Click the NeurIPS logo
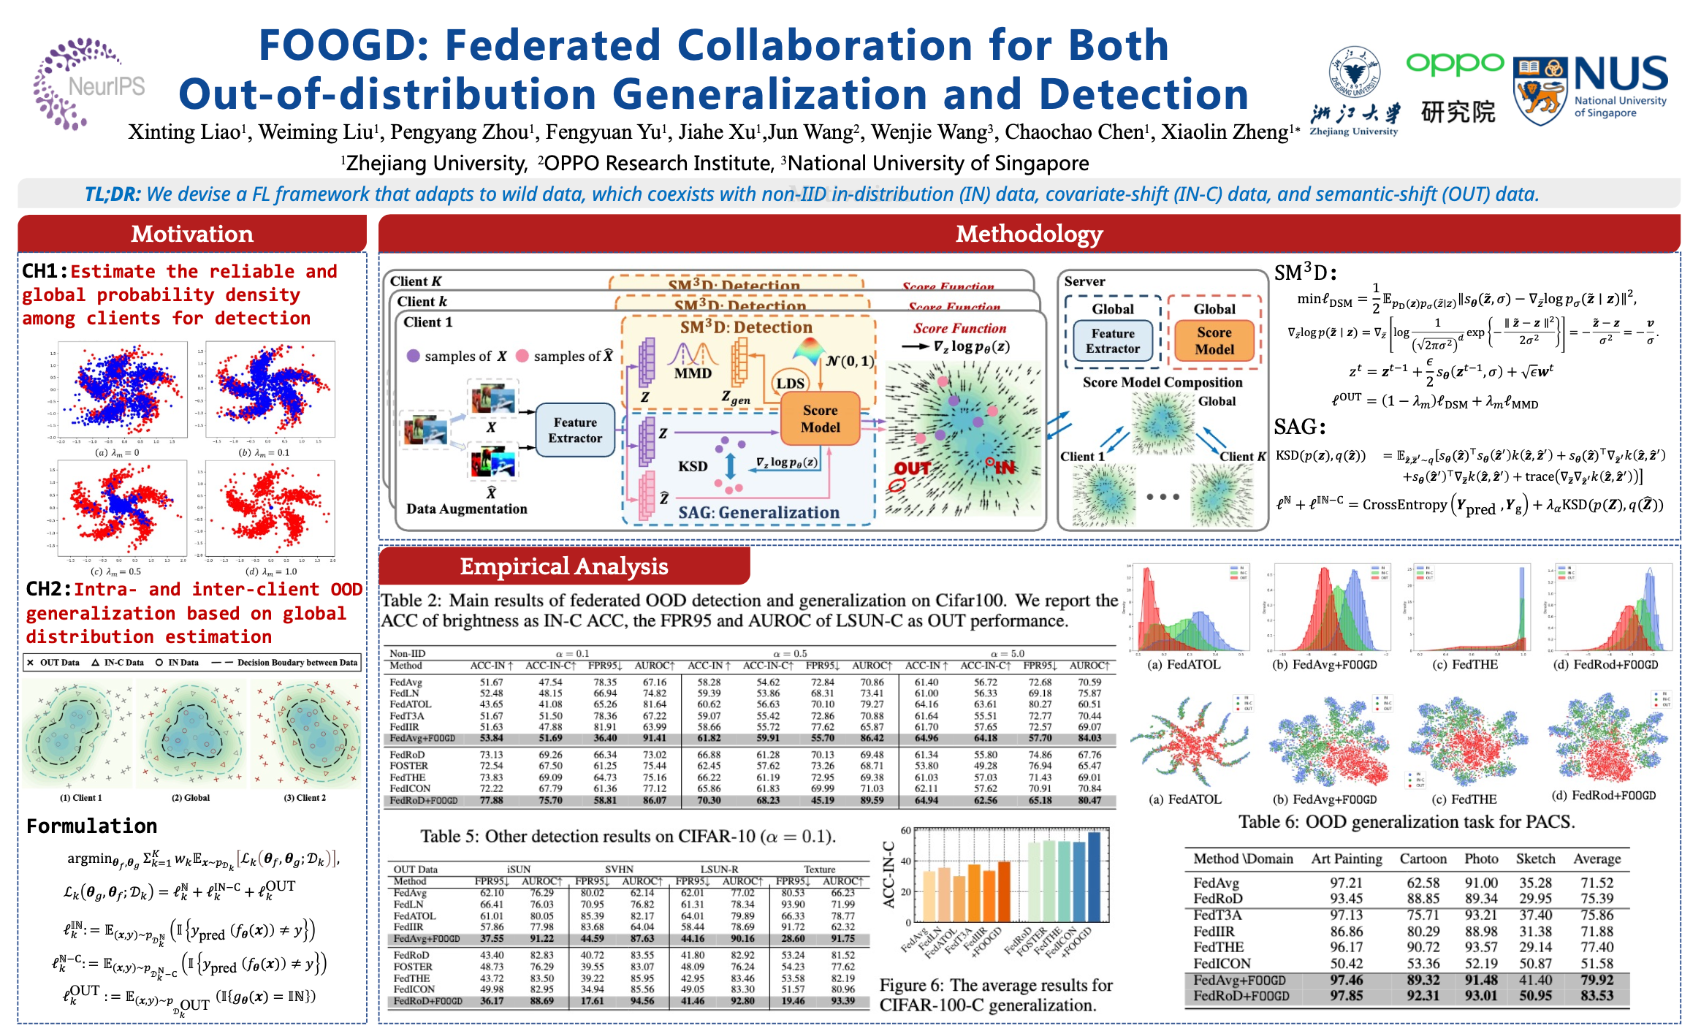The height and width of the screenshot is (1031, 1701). pyautogui.click(x=88, y=85)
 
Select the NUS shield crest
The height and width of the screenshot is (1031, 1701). pyautogui.click(x=1540, y=91)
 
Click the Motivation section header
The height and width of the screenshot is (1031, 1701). pyautogui.click(x=192, y=234)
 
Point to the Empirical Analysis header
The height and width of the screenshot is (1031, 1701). pyautogui.click(x=563, y=566)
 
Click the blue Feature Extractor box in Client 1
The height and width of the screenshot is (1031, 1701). pyautogui.click(x=575, y=430)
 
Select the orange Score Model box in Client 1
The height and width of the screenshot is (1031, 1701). pyautogui.click(x=820, y=419)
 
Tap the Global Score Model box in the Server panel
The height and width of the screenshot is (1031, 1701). pyautogui.click(x=1214, y=341)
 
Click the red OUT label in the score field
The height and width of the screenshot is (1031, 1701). pyautogui.click(x=912, y=468)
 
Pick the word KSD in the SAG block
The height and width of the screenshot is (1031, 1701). pyautogui.click(x=692, y=466)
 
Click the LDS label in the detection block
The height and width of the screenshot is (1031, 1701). pyautogui.click(x=790, y=383)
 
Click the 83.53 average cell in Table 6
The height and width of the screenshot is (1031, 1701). pyautogui.click(x=1597, y=996)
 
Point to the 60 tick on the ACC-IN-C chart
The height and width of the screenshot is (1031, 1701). pyautogui.click(x=905, y=831)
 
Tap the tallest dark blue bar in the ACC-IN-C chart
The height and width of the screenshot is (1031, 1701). pyautogui.click(x=1093, y=877)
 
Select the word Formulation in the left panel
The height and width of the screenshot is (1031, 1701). pyautogui.click(x=91, y=826)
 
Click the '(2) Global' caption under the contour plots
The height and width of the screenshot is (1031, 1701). pyautogui.click(x=191, y=798)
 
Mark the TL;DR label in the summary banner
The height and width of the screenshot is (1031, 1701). pyautogui.click(x=113, y=194)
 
